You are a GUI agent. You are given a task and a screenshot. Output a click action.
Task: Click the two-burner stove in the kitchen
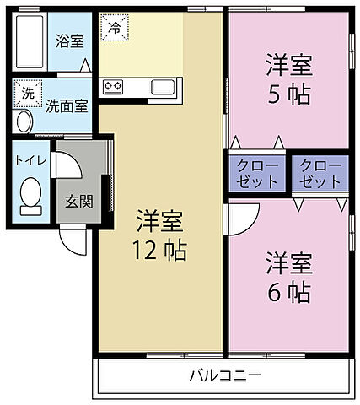tap(113, 85)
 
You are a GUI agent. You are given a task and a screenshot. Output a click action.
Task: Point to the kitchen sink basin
tap(163, 85)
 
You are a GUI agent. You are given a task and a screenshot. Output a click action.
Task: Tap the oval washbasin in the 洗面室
tap(23, 123)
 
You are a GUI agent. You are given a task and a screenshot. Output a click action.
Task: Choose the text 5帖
tap(289, 92)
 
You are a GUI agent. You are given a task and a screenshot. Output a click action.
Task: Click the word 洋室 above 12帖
tap(159, 220)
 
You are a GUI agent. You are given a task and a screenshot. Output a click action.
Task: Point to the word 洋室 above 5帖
tap(289, 62)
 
